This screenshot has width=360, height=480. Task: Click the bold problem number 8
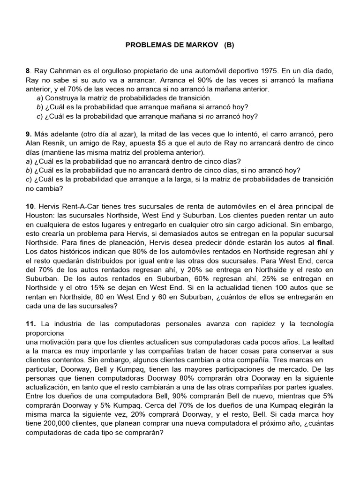(x=28, y=71)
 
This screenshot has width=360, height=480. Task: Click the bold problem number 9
(x=28, y=135)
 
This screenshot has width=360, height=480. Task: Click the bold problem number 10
(x=30, y=207)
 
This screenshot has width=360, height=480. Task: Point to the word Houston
(x=41, y=216)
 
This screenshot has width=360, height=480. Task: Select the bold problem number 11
(x=30, y=324)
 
